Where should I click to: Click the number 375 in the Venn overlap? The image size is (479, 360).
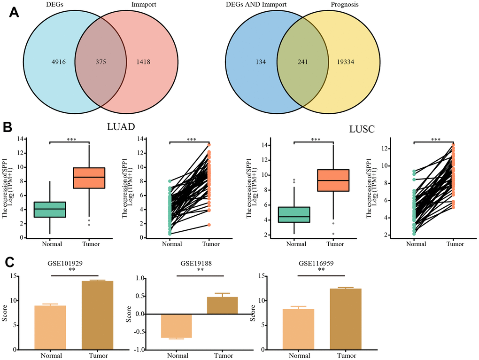(100, 62)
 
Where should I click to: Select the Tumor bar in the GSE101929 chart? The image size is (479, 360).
(97, 315)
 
